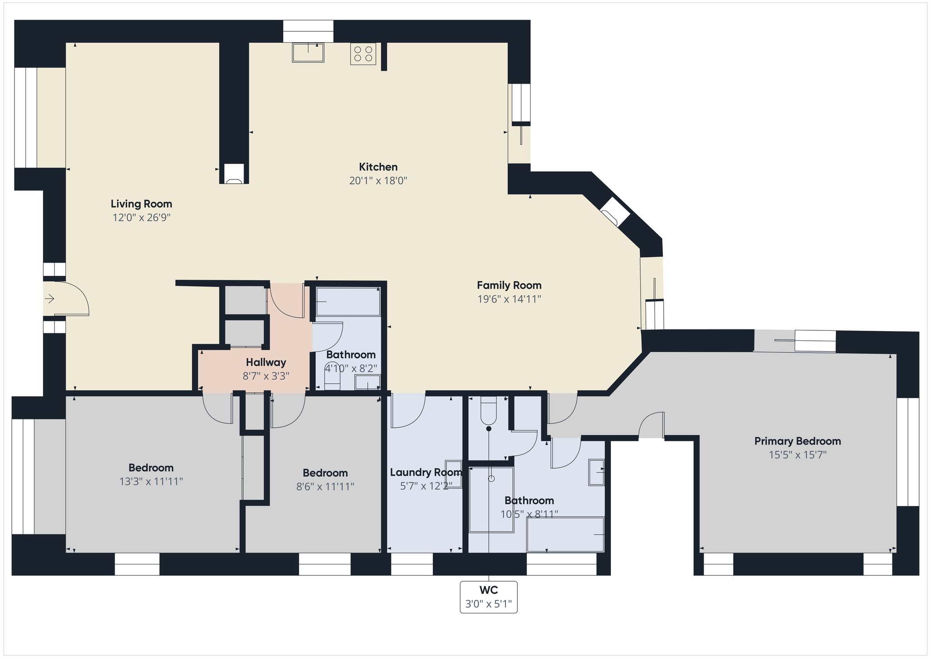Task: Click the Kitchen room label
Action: pyautogui.click(x=378, y=167)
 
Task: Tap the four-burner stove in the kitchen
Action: pyautogui.click(x=363, y=54)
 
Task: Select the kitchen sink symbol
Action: pyautogui.click(x=308, y=52)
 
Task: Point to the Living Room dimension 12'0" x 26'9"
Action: pyautogui.click(x=141, y=218)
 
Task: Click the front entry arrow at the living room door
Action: pyautogui.click(x=50, y=299)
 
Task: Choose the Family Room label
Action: pyautogui.click(x=509, y=285)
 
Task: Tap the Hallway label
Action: pyautogui.click(x=266, y=362)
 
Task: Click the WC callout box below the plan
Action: pyautogui.click(x=489, y=597)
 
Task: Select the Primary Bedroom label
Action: pyautogui.click(x=797, y=441)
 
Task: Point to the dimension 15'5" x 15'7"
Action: pyautogui.click(x=797, y=455)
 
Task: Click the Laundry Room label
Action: pyautogui.click(x=426, y=472)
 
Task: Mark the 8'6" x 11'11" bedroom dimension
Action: pyautogui.click(x=325, y=487)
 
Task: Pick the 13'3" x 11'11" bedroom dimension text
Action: pyautogui.click(x=151, y=481)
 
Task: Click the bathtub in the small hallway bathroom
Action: pyautogui.click(x=348, y=301)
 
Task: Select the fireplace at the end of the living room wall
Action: pyautogui.click(x=234, y=174)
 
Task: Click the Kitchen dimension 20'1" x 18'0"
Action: pyautogui.click(x=378, y=181)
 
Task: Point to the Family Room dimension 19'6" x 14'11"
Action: pyautogui.click(x=509, y=299)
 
